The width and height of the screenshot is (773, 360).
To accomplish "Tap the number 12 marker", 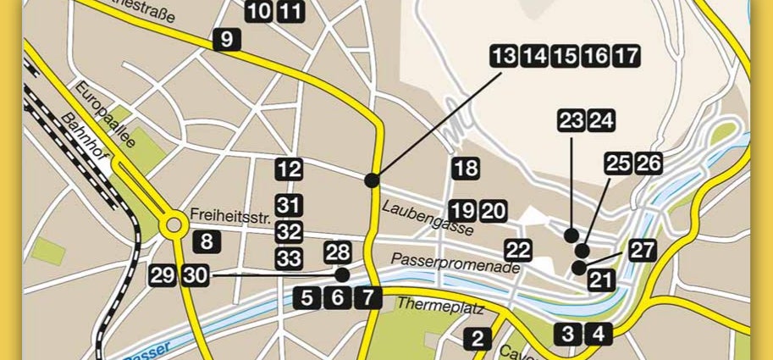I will (290, 169).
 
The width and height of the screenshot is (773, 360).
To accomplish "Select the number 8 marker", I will (207, 241).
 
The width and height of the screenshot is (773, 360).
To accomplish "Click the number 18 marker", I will (466, 169).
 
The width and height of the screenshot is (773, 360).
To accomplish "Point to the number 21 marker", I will (601, 280).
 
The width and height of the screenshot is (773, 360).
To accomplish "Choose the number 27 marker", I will (643, 250).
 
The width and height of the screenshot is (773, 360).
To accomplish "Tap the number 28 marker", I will (337, 252).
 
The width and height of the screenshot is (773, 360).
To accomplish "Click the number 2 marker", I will (478, 340).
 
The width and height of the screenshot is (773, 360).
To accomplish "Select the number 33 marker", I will (290, 258).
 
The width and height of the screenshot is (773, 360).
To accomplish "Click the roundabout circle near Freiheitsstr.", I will (175, 226).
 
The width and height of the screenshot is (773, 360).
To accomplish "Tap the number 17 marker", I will (627, 57).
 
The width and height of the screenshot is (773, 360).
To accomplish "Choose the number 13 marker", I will (504, 57).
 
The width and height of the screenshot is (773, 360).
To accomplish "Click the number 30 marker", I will (195, 274).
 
